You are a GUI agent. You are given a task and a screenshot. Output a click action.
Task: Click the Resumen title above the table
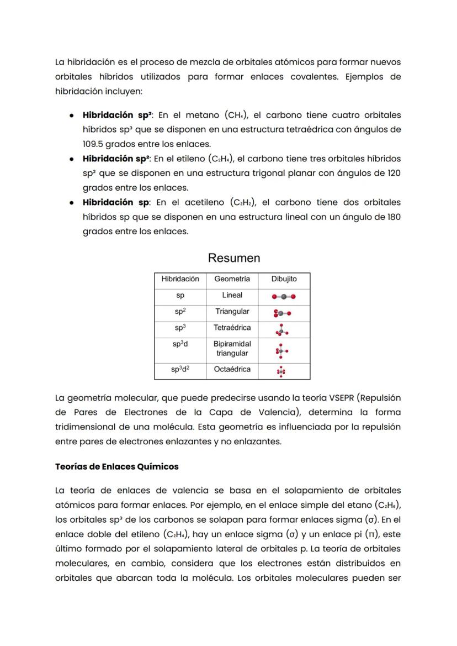[x=233, y=258]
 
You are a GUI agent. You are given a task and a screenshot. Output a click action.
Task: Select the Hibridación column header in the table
[x=180, y=279]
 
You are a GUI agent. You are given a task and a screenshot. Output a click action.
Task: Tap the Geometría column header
[x=232, y=279]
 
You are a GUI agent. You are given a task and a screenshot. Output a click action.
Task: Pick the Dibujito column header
[x=284, y=279]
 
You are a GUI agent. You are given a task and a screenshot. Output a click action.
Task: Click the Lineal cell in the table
[x=232, y=295]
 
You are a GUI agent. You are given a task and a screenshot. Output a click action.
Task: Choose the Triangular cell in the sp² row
[x=232, y=312]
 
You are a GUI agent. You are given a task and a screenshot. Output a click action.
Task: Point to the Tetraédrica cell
[x=232, y=328]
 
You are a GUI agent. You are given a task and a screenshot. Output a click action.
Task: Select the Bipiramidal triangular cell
[x=232, y=348]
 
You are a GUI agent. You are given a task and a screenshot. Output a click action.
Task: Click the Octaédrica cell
[x=232, y=369]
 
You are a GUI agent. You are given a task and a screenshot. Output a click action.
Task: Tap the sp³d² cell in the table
[x=180, y=370]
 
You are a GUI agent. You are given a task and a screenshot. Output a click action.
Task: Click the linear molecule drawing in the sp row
[x=284, y=296]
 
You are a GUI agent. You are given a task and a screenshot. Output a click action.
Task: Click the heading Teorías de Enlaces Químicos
[x=117, y=466]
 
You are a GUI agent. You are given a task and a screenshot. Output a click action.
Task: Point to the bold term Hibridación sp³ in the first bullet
[x=118, y=115]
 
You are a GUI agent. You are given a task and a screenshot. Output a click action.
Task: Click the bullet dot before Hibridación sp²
[x=72, y=159]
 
